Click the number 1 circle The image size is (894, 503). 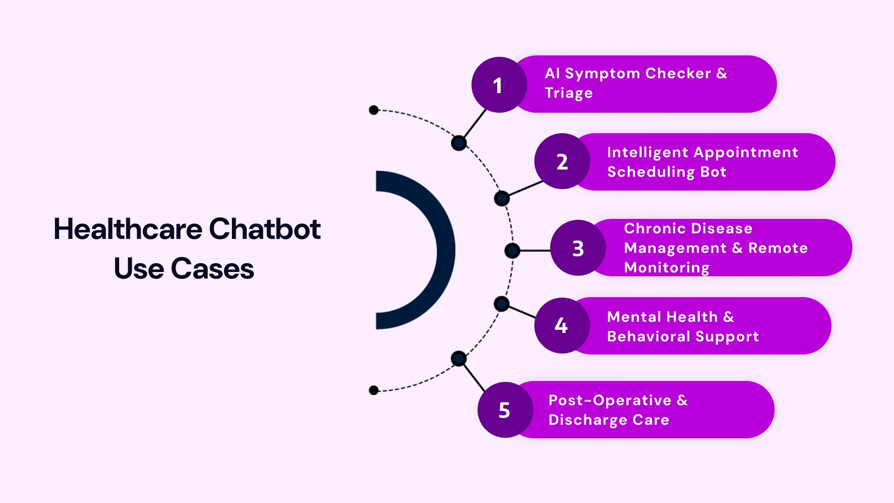click(x=499, y=85)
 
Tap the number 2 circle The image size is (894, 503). click(x=562, y=162)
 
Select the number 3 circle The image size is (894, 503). click(x=578, y=248)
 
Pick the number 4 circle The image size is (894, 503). click(x=562, y=325)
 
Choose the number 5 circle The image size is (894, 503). click(x=505, y=410)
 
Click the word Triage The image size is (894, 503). click(x=569, y=93)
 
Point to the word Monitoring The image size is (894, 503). click(x=666, y=267)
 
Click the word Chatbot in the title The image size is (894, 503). click(x=264, y=229)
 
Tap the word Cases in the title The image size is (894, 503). click(x=212, y=269)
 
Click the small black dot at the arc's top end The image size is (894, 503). click(x=373, y=110)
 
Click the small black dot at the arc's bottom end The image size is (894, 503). click(x=373, y=390)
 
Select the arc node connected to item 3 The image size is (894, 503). click(x=512, y=251)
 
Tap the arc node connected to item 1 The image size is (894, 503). click(x=459, y=143)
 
